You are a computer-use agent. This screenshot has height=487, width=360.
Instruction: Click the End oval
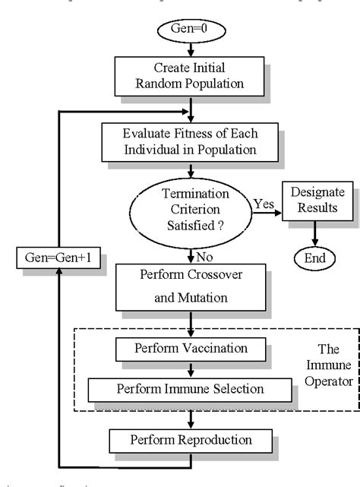pos(314,258)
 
